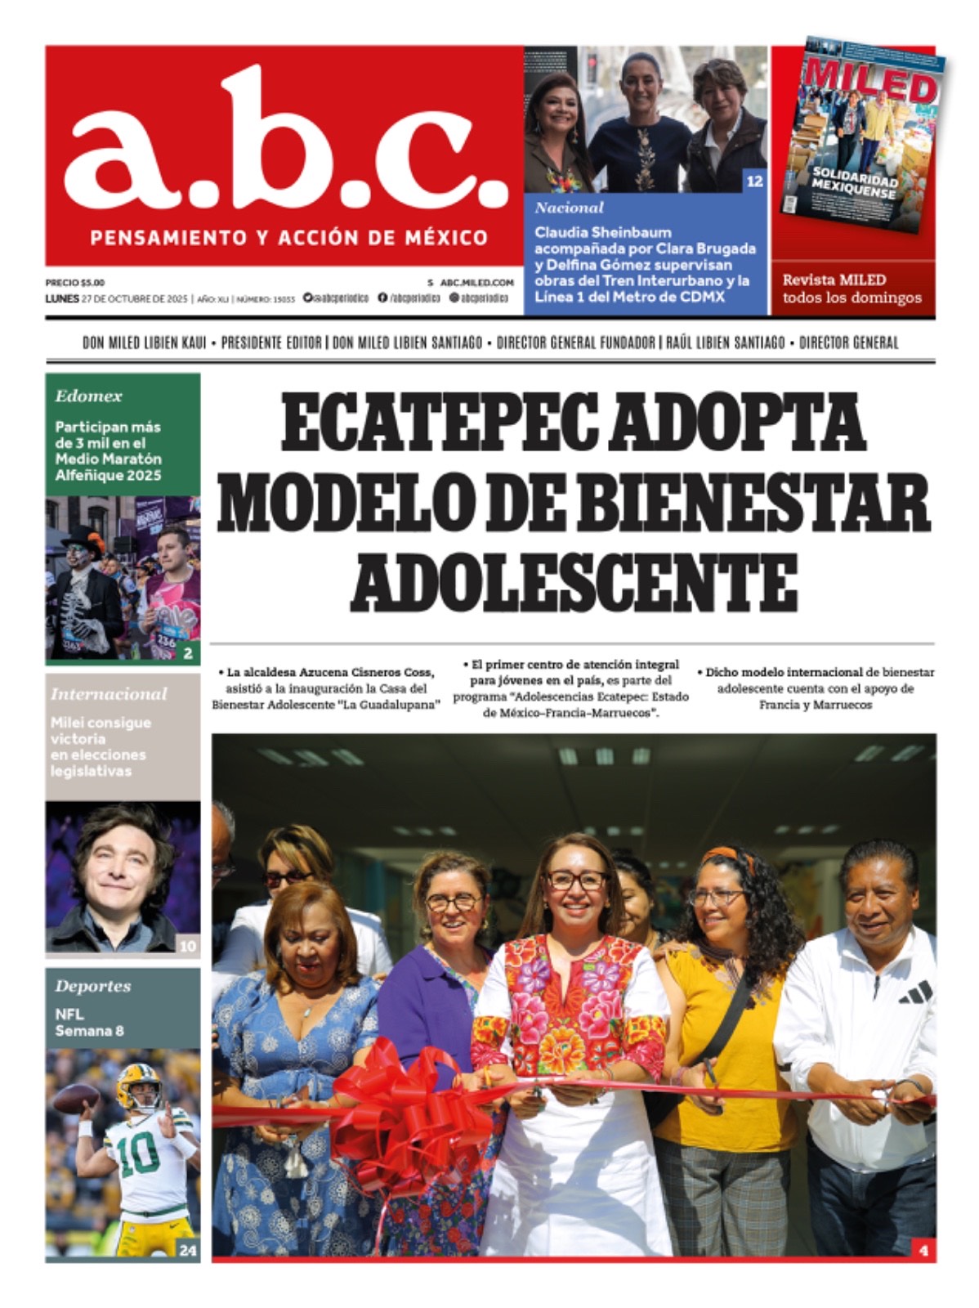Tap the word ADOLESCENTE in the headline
578,582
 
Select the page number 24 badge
188,1250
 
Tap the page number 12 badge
754,181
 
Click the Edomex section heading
88,396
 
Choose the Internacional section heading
108,694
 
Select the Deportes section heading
92,986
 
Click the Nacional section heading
569,208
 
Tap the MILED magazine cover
866,135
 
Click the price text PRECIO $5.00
75,282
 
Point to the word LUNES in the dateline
62,298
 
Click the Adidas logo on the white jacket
914,993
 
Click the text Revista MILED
834,280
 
